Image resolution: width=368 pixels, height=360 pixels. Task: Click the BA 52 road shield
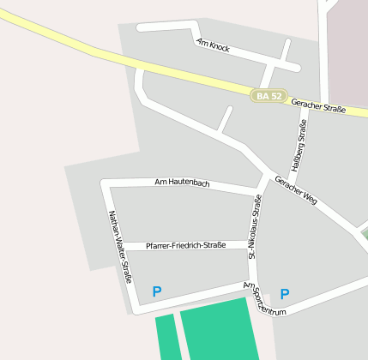(x=269, y=96)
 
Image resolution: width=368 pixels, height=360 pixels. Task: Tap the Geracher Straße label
(x=318, y=107)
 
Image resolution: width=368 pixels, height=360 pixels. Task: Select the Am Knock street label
(x=213, y=45)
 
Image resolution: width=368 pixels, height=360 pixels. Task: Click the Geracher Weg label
(x=296, y=190)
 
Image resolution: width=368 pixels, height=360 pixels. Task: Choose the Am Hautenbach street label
(x=182, y=183)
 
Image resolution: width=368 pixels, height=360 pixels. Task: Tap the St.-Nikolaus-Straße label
(x=255, y=225)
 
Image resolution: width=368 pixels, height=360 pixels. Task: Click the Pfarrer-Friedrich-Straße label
(x=185, y=245)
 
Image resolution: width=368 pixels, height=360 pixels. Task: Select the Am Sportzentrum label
(x=263, y=299)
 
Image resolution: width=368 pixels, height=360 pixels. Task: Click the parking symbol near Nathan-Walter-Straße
(x=156, y=291)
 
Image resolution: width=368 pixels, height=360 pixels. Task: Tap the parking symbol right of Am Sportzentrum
(x=285, y=294)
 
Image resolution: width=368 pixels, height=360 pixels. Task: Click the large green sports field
(x=218, y=331)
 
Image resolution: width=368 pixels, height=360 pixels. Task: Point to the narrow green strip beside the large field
(x=166, y=338)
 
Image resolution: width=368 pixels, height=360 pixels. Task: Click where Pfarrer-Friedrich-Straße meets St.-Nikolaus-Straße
(x=253, y=246)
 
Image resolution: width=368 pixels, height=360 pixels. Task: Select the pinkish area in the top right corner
(x=348, y=51)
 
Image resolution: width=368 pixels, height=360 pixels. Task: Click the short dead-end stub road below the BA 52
(x=225, y=120)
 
